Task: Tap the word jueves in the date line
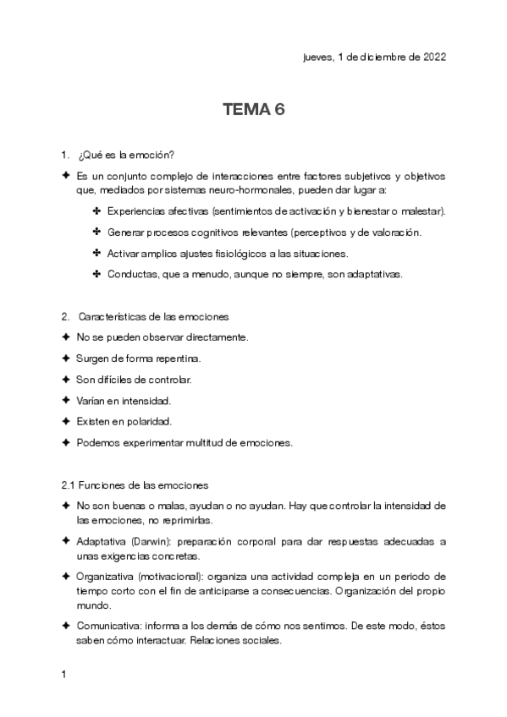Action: click(317, 57)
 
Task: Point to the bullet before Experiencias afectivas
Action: click(97, 211)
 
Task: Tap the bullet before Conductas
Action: click(97, 274)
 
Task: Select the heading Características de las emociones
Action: click(152, 316)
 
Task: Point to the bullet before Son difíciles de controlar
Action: click(66, 379)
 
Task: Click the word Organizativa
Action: click(102, 576)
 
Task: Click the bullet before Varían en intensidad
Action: click(66, 400)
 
